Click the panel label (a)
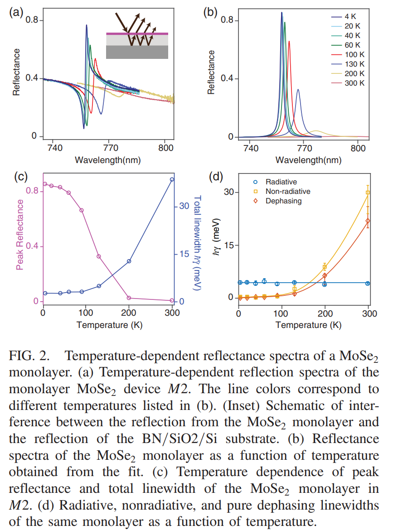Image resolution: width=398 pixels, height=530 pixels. [16, 12]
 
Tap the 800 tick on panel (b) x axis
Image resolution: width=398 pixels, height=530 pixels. [358, 148]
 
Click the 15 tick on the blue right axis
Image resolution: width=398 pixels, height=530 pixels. [184, 254]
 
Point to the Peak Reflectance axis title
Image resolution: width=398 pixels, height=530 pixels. [19, 236]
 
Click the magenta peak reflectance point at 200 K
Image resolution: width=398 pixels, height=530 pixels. [129, 298]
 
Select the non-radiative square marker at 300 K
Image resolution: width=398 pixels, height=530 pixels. [368, 193]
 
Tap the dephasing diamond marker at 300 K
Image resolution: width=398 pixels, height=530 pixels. [368, 221]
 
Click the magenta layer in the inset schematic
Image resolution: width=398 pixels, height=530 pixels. [137, 34]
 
